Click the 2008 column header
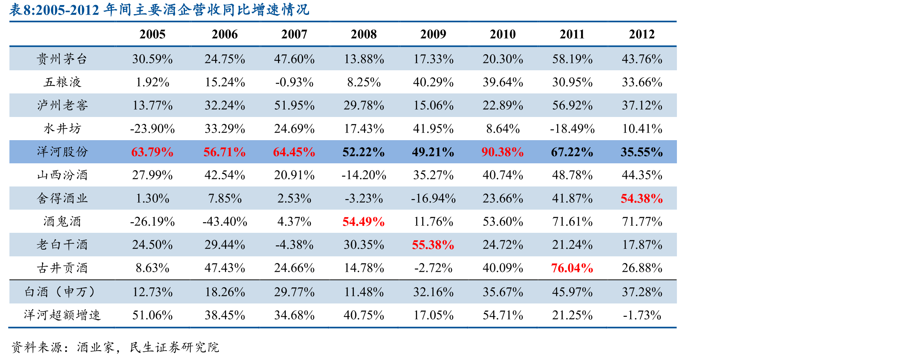coord(364,34)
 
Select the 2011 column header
coord(572,34)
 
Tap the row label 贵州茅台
coord(62,59)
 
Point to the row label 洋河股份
coord(62,152)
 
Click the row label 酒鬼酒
coord(62,221)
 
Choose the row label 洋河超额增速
coord(62,315)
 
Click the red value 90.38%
coord(503,152)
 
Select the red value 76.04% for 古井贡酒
coord(572,268)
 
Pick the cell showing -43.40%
coord(225,221)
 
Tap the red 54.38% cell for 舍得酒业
coord(642,198)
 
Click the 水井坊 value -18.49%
coord(572,129)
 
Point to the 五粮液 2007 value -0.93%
coord(294,82)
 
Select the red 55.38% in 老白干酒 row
coord(433,245)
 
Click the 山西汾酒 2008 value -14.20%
coord(364,175)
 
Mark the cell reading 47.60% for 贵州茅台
coord(294,59)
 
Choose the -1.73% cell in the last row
coord(642,315)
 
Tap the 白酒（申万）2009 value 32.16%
coord(433,292)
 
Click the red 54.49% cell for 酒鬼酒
coord(364,221)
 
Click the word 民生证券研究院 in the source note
coord(174,347)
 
